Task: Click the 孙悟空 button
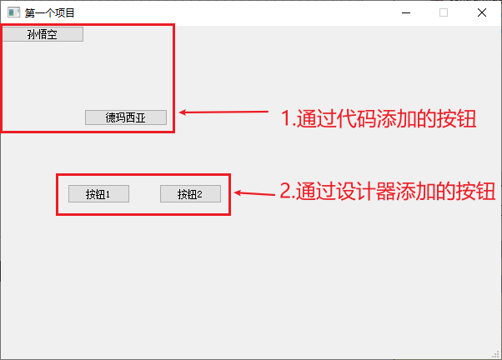coord(42,34)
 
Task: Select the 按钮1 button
coord(98,194)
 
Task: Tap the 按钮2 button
coord(190,194)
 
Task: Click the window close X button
coord(482,12)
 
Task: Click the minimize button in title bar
coord(406,12)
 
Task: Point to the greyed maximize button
coord(444,12)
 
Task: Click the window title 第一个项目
coord(50,12)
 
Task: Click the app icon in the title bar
coord(13,12)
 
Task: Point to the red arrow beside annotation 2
coord(254,193)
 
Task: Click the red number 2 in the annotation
coord(285,192)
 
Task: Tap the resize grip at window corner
coord(496,354)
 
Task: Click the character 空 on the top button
coord(52,34)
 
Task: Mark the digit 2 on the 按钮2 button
coord(200,195)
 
